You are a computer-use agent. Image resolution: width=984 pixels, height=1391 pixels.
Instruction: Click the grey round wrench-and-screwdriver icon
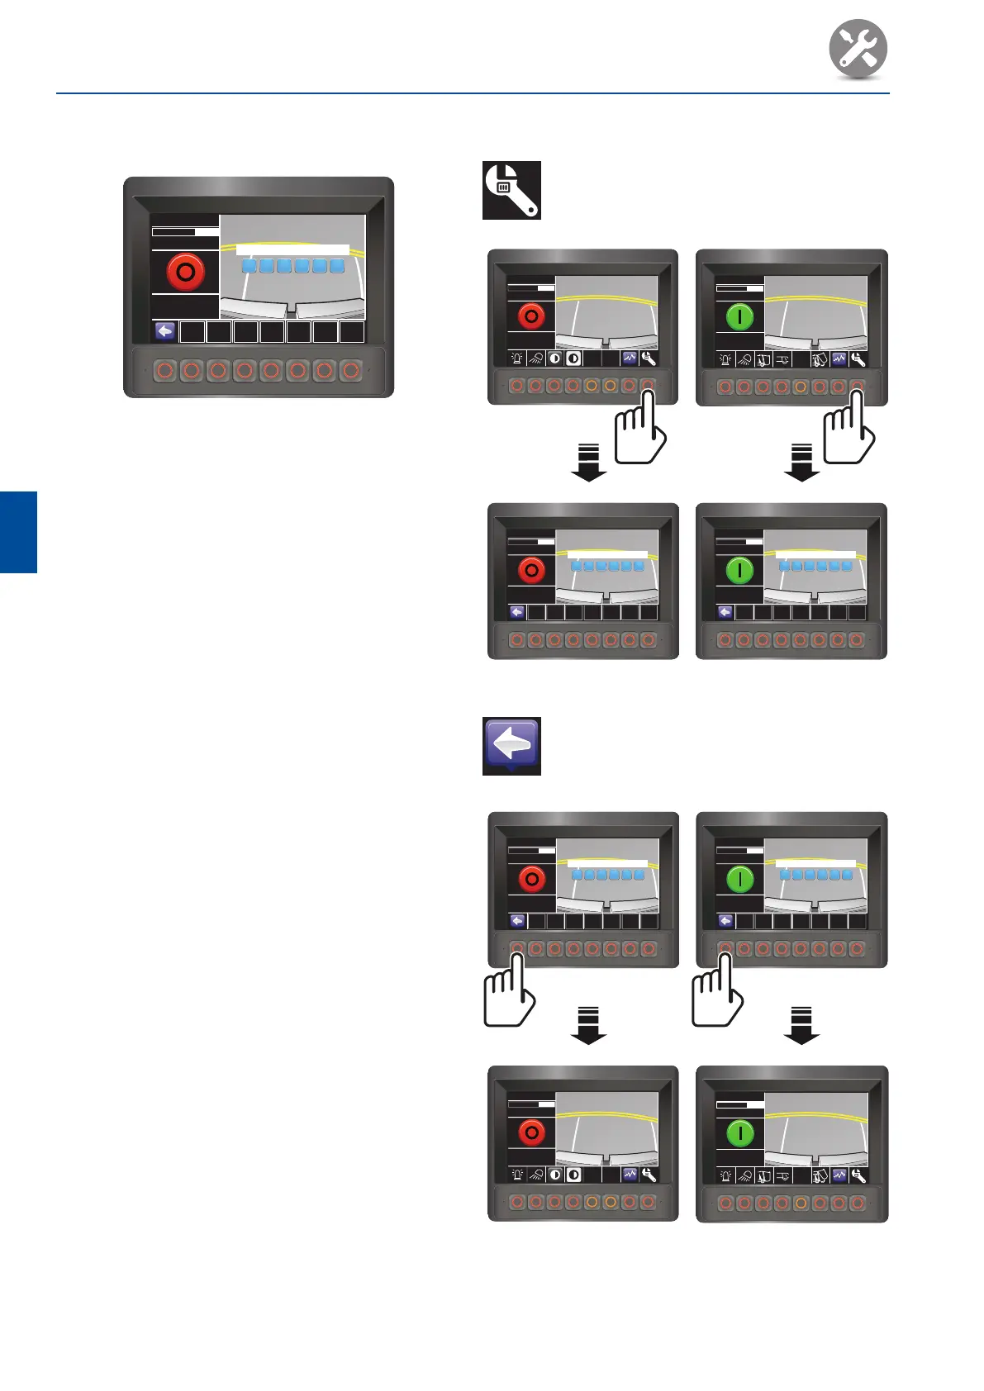858,49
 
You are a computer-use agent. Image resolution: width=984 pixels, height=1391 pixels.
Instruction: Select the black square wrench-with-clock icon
511,190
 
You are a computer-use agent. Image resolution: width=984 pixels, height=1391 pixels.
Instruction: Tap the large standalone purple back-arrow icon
511,745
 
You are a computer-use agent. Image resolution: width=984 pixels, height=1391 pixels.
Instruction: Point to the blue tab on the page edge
18,532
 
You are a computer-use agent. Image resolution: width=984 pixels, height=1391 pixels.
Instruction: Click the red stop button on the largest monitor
186,272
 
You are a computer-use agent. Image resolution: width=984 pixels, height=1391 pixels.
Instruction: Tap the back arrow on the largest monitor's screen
165,332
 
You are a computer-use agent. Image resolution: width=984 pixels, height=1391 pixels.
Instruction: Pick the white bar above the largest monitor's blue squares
292,249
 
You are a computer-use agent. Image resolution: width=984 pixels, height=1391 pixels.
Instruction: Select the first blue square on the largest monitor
249,266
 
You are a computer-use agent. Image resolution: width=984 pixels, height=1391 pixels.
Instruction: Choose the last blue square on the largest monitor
337,266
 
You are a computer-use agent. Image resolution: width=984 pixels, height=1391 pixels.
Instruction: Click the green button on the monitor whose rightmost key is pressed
739,316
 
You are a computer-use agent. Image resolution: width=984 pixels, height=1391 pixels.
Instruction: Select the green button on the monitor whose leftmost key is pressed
739,879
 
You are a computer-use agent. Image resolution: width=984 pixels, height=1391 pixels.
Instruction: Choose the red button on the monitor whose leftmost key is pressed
531,879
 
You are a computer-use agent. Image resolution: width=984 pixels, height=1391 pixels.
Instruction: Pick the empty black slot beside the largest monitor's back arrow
193,332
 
